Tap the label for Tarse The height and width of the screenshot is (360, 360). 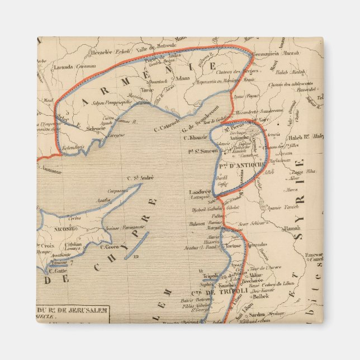tap(147, 89)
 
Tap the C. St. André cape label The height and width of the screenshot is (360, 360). tap(139, 178)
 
